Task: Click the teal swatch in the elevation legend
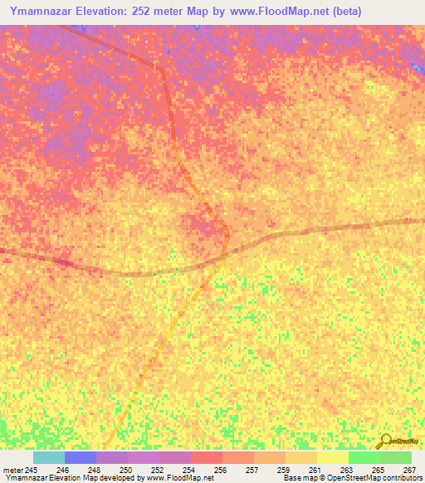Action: [x=49, y=457]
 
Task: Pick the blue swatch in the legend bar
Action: [x=81, y=457]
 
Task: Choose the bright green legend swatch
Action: [x=364, y=457]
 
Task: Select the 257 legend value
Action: [x=252, y=471]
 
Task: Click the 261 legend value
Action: [x=315, y=471]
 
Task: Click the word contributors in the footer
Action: [x=398, y=479]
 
